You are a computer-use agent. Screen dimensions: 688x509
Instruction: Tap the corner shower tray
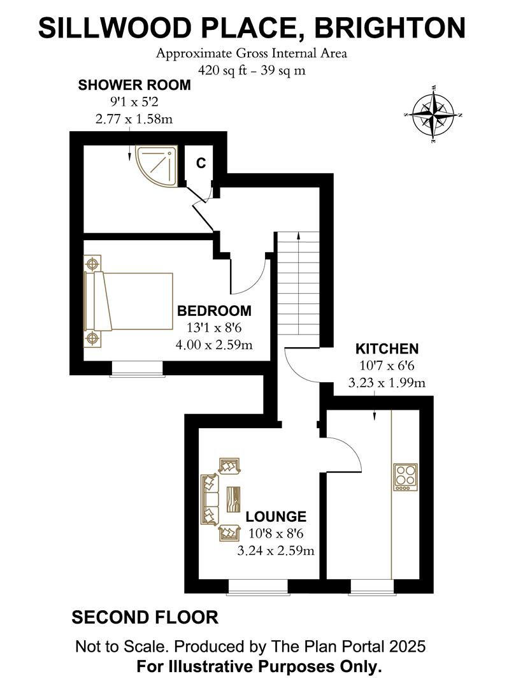coord(155,164)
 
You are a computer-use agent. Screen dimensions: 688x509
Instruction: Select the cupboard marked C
coord(201,163)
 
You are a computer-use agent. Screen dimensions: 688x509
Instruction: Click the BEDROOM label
coord(214,311)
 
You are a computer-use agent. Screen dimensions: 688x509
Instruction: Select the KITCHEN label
coord(387,348)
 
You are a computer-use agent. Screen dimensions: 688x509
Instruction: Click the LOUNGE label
coord(276,516)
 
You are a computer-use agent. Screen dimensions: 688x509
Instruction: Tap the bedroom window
coord(137,368)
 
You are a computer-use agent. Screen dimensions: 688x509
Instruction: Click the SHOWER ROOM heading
coord(134,85)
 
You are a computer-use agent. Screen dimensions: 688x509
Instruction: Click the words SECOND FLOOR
coord(145,617)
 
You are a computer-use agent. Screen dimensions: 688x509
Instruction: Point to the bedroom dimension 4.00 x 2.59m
coord(214,345)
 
